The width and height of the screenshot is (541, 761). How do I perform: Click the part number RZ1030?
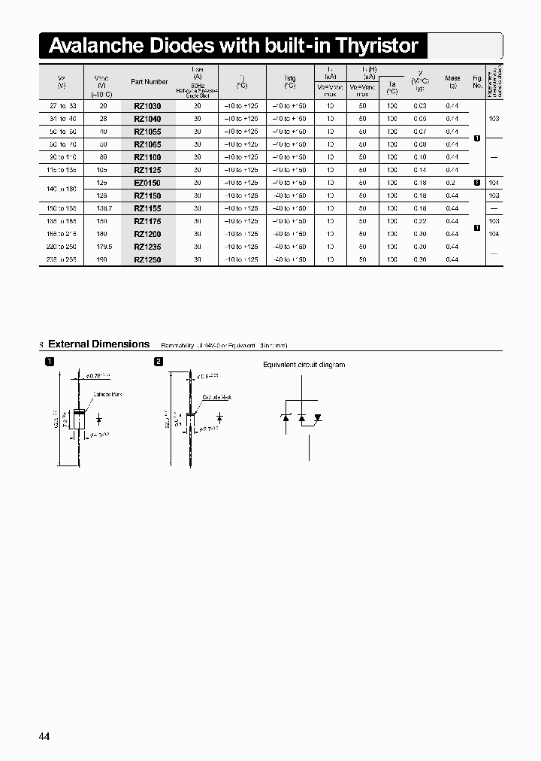pyautogui.click(x=147, y=106)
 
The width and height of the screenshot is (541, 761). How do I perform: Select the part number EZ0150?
pyautogui.click(x=147, y=183)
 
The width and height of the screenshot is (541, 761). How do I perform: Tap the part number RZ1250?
pyautogui.click(x=147, y=259)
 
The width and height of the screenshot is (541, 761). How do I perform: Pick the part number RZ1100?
pyautogui.click(x=147, y=157)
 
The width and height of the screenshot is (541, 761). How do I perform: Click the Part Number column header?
pyautogui.click(x=150, y=81)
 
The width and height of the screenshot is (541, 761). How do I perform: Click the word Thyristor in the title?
pyautogui.click(x=377, y=46)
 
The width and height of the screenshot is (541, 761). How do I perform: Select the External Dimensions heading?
pyautogui.click(x=98, y=344)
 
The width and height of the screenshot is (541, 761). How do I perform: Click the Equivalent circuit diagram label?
pyautogui.click(x=304, y=365)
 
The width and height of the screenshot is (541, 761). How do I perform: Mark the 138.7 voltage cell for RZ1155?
pyautogui.click(x=104, y=208)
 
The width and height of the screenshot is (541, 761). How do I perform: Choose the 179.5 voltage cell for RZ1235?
pyautogui.click(x=104, y=247)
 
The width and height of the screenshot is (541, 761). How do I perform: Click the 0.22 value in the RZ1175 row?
pyautogui.click(x=419, y=221)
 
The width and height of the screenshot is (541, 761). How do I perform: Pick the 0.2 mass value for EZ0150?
pyautogui.click(x=452, y=183)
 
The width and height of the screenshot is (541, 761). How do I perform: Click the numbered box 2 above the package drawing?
pyautogui.click(x=159, y=362)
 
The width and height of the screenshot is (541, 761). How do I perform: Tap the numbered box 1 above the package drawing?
pyautogui.click(x=50, y=362)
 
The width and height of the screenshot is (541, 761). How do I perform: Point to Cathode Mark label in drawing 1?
pyautogui.click(x=107, y=394)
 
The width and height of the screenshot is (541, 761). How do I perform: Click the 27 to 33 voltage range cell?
pyautogui.click(x=62, y=106)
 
